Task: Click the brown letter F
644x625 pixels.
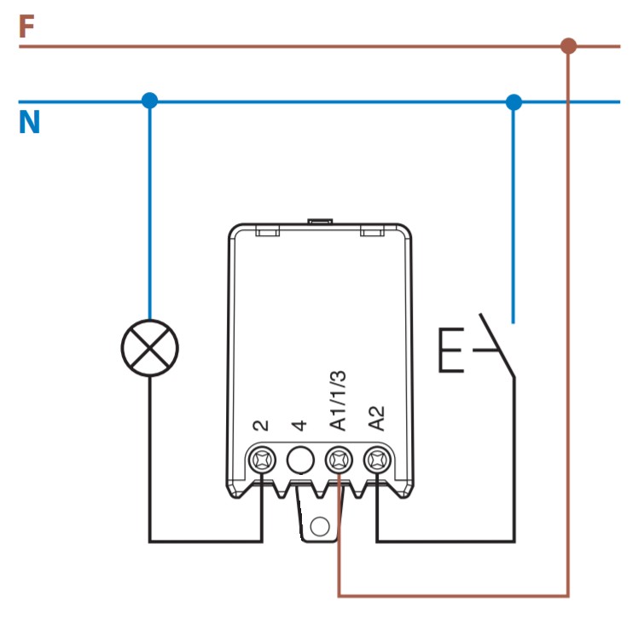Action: click(x=26, y=26)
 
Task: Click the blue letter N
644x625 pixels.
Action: click(x=30, y=122)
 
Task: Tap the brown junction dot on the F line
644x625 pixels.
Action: click(x=568, y=46)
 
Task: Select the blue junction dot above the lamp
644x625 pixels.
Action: click(x=149, y=101)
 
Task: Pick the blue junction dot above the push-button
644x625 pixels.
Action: click(x=513, y=102)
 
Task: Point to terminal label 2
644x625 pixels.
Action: click(x=261, y=425)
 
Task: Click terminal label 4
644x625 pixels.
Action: click(x=299, y=425)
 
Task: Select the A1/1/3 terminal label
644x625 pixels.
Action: click(x=338, y=401)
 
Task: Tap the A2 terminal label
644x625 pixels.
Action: click(x=376, y=419)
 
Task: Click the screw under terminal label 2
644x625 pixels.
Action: click(x=262, y=460)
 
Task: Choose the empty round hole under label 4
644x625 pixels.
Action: click(x=300, y=460)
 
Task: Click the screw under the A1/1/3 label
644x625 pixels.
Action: click(x=339, y=460)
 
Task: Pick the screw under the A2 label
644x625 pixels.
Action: click(x=378, y=460)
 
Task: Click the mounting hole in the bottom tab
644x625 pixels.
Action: click(x=320, y=526)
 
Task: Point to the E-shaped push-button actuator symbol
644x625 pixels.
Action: click(x=440, y=350)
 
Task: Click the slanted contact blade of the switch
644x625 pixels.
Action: click(x=496, y=345)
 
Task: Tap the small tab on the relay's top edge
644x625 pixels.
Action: click(x=321, y=222)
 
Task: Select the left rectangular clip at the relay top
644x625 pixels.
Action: click(x=267, y=230)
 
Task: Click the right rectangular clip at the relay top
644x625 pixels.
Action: click(x=372, y=230)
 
